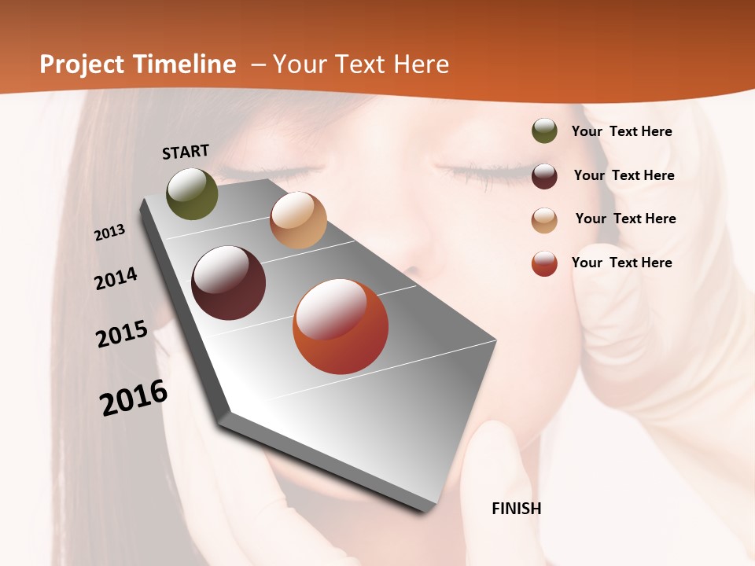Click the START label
[186, 152]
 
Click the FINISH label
[516, 509]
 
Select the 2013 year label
[110, 232]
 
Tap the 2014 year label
[116, 278]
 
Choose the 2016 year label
[134, 398]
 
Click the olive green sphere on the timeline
[192, 193]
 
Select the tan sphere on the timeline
[298, 220]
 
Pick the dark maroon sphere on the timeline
[229, 283]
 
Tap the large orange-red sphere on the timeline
[341, 326]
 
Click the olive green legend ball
[544, 131]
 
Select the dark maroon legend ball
[544, 176]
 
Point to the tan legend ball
[544, 220]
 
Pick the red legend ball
[544, 263]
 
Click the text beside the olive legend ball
[621, 131]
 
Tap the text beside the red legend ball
[621, 263]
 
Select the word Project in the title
[82, 64]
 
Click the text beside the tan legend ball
[625, 219]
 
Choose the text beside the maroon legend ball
[624, 175]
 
